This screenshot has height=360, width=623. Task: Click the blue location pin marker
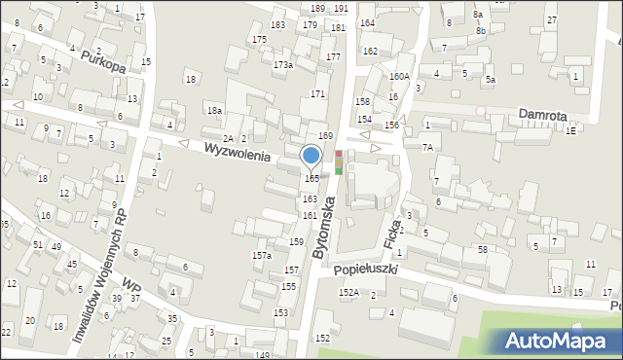311,156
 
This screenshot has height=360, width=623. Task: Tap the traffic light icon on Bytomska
339,162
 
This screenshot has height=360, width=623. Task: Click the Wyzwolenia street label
237,153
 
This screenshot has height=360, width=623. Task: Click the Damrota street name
542,114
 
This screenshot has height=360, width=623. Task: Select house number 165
311,179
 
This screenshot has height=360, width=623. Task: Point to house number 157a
262,255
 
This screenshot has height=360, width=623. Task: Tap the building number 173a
283,65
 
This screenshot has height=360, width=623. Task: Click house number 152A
348,292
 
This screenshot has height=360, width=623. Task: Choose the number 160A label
399,76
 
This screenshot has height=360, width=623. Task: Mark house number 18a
214,112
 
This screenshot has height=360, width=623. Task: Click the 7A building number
427,147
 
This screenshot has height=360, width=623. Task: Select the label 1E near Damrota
571,129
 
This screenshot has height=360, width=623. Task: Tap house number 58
482,250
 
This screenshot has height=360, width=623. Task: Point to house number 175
259,39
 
